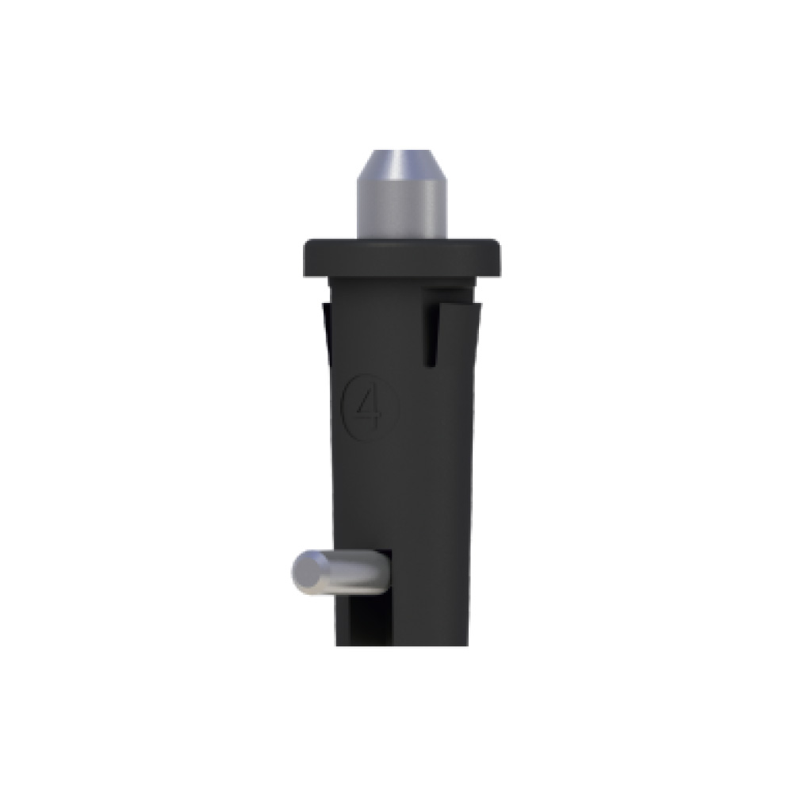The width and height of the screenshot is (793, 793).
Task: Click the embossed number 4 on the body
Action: tap(370, 408)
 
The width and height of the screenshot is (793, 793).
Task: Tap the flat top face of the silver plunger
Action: tap(403, 151)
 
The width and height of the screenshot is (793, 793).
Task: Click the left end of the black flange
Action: tap(306, 258)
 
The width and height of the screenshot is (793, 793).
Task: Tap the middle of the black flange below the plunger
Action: tap(402, 258)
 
